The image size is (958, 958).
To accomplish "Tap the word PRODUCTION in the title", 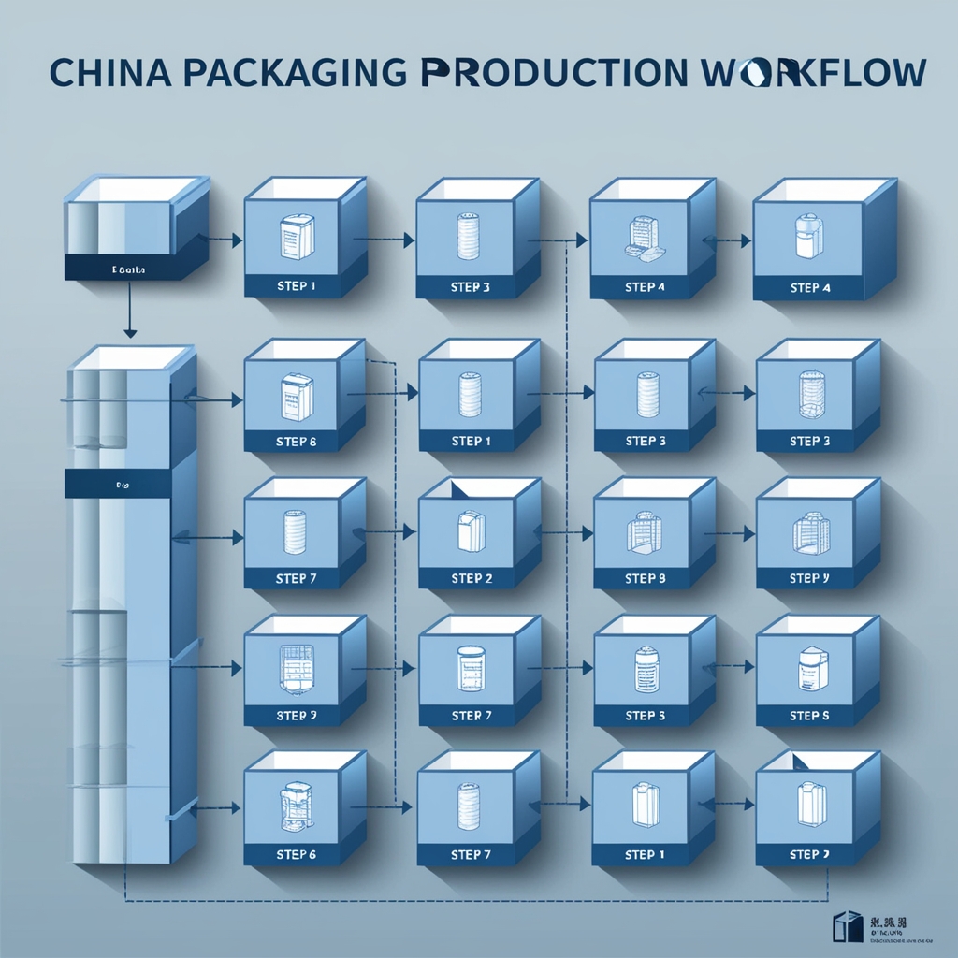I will coord(553,74).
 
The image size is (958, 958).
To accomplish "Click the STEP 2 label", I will coord(471,579).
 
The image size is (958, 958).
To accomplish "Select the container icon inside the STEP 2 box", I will coord(470,531).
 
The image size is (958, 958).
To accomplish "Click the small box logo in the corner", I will coord(847,925).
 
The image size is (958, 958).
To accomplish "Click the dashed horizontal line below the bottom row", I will coord(468,902).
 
